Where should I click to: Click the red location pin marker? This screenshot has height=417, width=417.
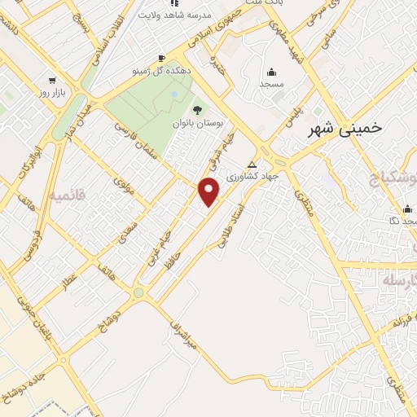tap(209, 191)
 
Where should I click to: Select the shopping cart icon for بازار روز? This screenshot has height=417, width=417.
tap(53, 81)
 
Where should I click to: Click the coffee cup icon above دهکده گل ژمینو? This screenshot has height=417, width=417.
tap(162, 58)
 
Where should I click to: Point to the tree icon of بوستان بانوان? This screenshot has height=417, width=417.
tap(196, 109)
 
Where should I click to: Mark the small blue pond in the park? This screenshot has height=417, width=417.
tap(174, 95)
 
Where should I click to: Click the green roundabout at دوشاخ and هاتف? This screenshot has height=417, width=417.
tap(138, 292)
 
